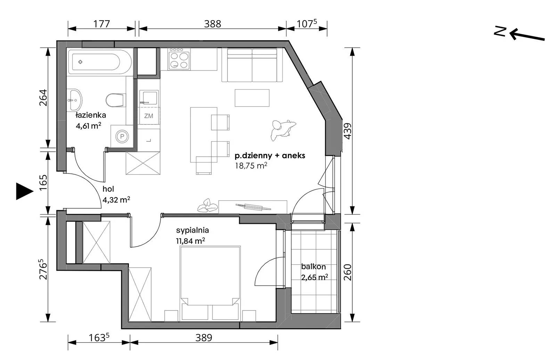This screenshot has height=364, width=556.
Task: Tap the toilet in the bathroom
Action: tap(115, 100)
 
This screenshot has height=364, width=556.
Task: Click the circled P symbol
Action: tap(122, 136)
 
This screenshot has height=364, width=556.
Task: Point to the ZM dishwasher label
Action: tap(148, 116)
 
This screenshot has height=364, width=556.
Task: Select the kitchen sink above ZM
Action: tap(148, 98)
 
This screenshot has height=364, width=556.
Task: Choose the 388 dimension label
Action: tap(212, 24)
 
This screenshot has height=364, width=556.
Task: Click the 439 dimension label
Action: tap(348, 131)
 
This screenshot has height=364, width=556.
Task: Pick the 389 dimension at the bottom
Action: tap(204, 338)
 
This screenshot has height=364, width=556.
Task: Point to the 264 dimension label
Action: tap(43, 98)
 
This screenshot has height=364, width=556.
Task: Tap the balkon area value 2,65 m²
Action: tap(314, 277)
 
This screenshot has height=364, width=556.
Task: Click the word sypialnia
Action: tap(193, 230)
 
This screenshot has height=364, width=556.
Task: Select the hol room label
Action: tap(108, 189)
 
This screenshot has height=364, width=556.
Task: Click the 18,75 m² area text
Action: tap(251, 165)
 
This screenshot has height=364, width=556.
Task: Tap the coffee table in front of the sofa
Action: tap(252, 98)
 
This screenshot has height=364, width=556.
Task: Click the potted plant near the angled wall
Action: tap(283, 130)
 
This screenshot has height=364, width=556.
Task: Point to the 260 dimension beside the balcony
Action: tap(348, 272)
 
